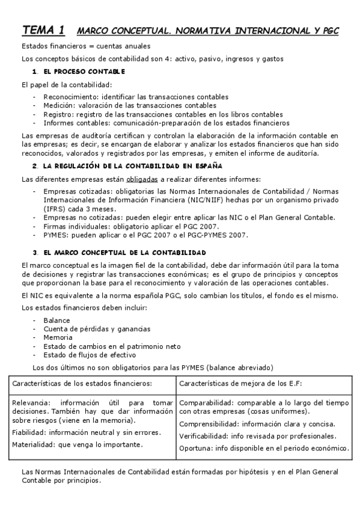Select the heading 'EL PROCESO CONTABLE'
pos(84,72)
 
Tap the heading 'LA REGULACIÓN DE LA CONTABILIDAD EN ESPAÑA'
pos(132,165)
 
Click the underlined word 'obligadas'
pos(142,179)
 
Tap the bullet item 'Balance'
pos(56,321)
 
